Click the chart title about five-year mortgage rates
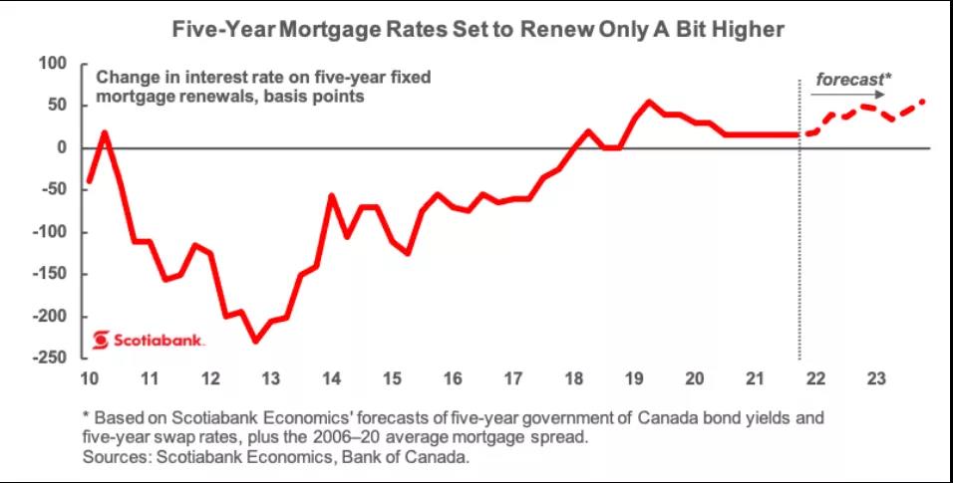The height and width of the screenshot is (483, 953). (478, 31)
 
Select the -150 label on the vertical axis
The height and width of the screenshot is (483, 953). (48, 274)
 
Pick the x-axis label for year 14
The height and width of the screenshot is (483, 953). (332, 379)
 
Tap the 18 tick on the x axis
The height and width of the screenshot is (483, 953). (574, 379)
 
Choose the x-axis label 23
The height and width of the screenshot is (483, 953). (876, 379)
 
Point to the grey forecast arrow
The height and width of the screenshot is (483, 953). (843, 95)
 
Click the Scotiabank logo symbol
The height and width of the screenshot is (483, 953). (101, 341)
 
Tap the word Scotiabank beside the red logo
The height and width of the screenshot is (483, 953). (160, 341)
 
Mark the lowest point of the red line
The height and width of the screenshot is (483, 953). (255, 342)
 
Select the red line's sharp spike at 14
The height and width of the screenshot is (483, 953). (332, 195)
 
